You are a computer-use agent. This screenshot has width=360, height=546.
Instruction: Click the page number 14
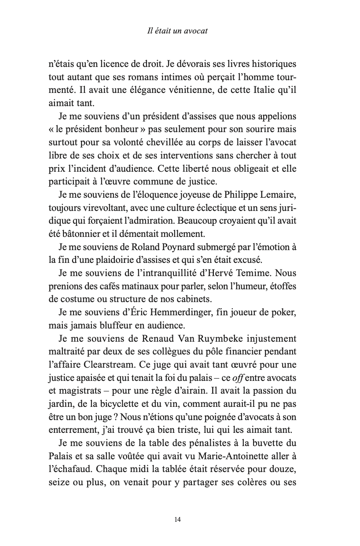coord(178,520)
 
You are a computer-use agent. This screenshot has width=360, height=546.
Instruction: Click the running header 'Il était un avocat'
coord(178,31)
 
